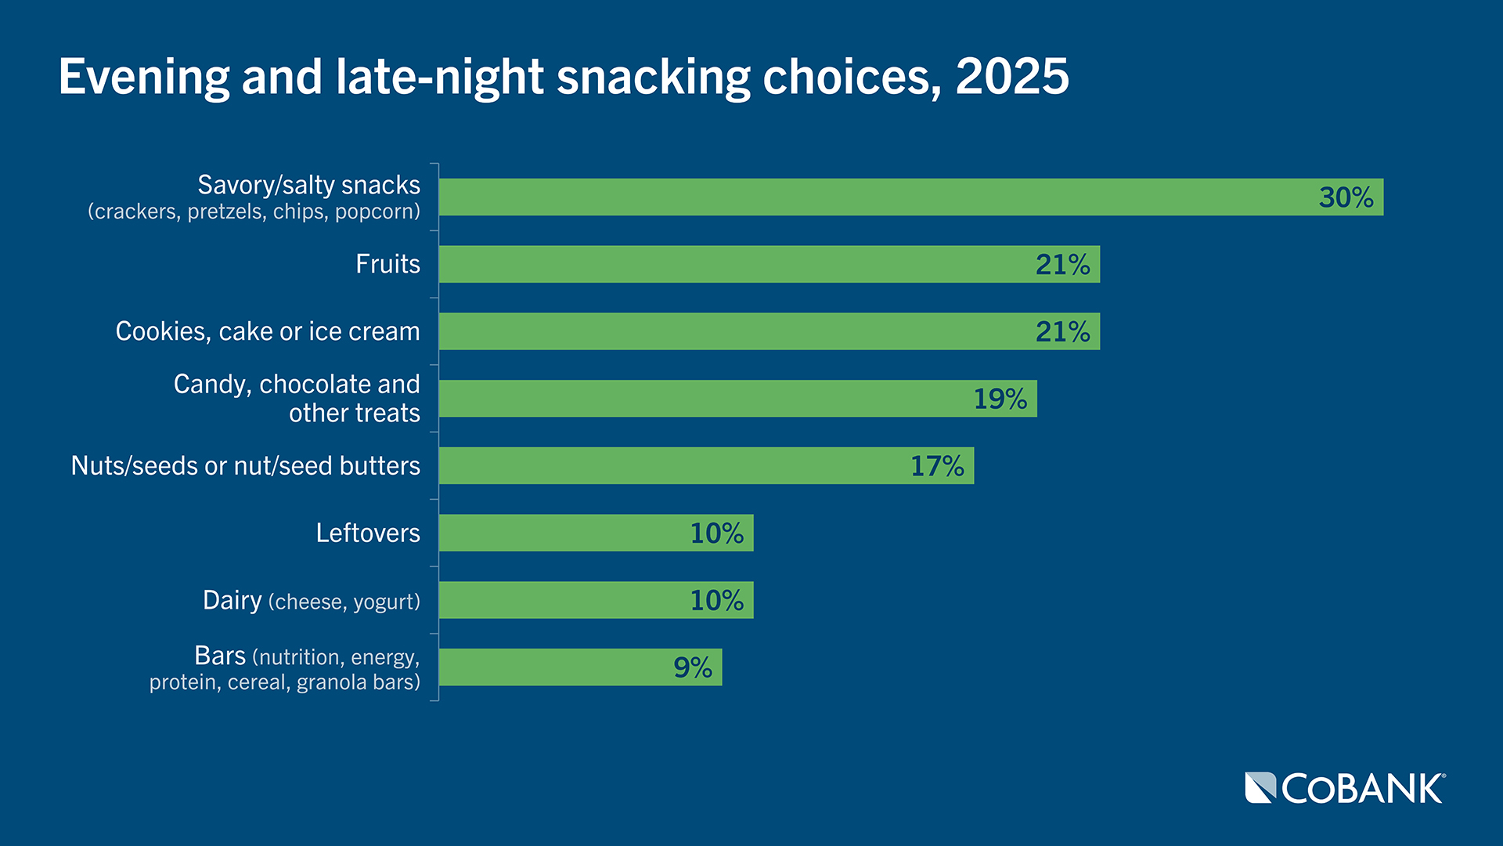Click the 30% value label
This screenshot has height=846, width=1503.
(1346, 197)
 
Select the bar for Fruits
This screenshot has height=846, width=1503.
(769, 264)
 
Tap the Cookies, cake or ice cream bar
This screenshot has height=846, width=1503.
(769, 331)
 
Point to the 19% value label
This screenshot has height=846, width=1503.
(1000, 399)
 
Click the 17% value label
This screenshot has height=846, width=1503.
(937, 466)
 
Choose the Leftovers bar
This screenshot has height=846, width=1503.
(596, 533)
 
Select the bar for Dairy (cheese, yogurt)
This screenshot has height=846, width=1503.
(596, 600)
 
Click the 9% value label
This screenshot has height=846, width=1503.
(693, 667)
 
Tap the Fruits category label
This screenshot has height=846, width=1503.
(387, 264)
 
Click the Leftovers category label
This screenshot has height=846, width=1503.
(368, 533)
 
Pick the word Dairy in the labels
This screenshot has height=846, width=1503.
(232, 600)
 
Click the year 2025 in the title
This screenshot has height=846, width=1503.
(1011, 77)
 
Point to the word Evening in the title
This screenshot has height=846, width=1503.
(144, 77)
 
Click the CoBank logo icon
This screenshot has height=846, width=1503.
(1260, 788)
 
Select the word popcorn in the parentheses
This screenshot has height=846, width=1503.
(377, 212)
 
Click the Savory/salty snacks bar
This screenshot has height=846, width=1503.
(910, 197)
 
